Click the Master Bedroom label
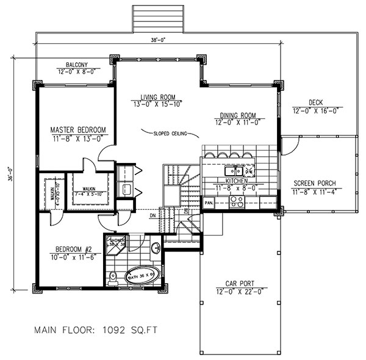[x=79, y=130]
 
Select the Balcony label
[x=77, y=65]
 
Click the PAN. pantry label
[x=209, y=202]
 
